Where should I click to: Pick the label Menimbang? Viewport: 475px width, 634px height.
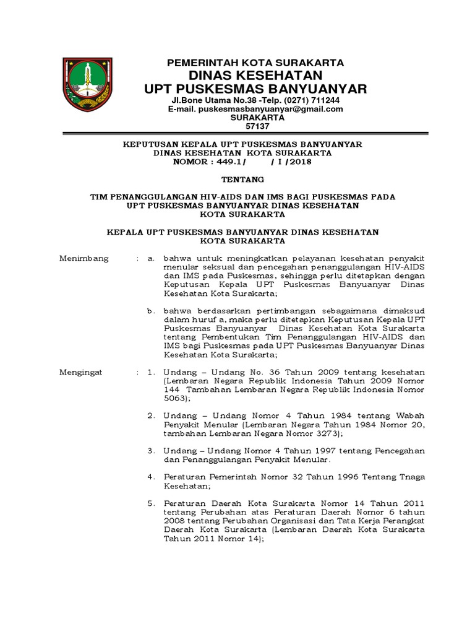pyautogui.click(x=83, y=258)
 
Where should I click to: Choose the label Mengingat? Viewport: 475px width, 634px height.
pyautogui.click(x=81, y=372)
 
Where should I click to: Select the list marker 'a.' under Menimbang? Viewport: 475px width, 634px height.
pyautogui.click(x=150, y=258)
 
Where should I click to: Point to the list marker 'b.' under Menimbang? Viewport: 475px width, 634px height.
pyautogui.click(x=150, y=311)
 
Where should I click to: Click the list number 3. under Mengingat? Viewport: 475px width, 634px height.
pyautogui.click(x=150, y=451)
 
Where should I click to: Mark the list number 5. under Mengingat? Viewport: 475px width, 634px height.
pyautogui.click(x=150, y=504)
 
